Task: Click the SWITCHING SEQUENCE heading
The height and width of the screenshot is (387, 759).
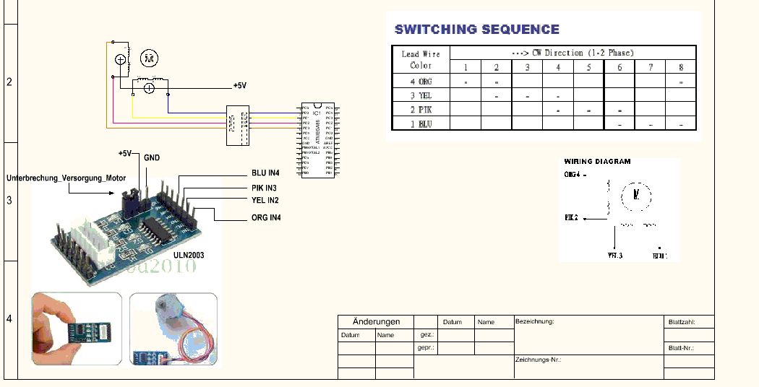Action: [476, 30]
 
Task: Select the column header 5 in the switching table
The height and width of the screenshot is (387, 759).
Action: [589, 67]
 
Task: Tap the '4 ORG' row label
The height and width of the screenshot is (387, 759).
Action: [421, 82]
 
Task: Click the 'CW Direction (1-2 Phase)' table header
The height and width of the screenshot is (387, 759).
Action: [572, 53]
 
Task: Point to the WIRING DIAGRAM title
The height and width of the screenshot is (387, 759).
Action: [597, 162]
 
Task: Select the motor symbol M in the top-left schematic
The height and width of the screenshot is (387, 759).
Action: [148, 58]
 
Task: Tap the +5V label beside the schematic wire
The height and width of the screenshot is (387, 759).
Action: [239, 85]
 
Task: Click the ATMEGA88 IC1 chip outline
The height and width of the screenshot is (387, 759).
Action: [317, 141]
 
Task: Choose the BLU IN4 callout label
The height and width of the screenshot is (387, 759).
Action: [266, 173]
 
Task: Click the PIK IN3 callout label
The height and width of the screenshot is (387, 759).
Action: [265, 188]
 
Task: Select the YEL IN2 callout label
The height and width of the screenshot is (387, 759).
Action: [265, 201]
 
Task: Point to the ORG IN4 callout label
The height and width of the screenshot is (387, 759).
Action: [266, 217]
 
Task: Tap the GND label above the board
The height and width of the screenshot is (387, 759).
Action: [152, 157]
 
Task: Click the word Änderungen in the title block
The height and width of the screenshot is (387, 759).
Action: [376, 321]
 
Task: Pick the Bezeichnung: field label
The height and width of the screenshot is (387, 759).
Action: [535, 321]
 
